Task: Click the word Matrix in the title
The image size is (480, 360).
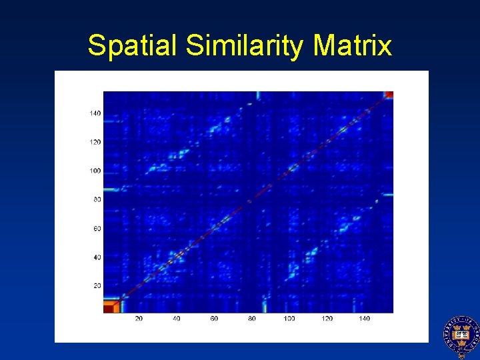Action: [x=352, y=46]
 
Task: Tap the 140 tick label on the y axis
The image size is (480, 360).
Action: [x=95, y=113]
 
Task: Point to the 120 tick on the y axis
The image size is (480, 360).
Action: [x=95, y=142]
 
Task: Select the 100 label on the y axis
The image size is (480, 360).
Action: [x=95, y=171]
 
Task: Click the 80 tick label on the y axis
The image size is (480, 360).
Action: [x=97, y=199]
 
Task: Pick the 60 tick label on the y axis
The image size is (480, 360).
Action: [x=97, y=229]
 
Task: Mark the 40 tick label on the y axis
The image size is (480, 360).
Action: [x=97, y=257]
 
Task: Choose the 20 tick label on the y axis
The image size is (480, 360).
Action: [x=97, y=286]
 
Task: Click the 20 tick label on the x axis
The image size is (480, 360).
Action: [x=139, y=319]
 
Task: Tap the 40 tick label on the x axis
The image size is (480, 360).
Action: [x=177, y=319]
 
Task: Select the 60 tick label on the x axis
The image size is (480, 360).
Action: [x=215, y=319]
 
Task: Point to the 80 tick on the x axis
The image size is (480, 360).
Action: [x=252, y=319]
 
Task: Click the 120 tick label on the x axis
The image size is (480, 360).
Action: [x=327, y=319]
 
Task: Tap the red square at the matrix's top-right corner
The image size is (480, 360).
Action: [x=389, y=95]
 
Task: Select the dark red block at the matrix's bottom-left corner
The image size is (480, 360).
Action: [x=109, y=307]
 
